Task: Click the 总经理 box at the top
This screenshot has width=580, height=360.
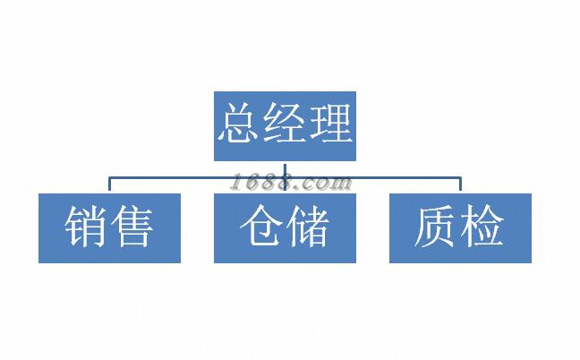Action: tap(285, 125)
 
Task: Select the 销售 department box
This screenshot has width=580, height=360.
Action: tap(109, 228)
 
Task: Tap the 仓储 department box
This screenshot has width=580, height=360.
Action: tap(285, 228)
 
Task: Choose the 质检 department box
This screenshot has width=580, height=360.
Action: tap(460, 228)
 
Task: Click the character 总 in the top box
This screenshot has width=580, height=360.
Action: tap(240, 124)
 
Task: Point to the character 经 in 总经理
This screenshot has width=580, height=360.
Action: tap(285, 124)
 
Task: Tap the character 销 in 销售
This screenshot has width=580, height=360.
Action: tap(87, 228)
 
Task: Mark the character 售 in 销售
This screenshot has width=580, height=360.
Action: tap(132, 228)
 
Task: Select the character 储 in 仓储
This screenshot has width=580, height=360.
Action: tap(307, 228)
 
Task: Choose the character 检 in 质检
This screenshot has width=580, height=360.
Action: tap(482, 228)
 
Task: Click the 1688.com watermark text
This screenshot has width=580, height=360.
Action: tap(289, 183)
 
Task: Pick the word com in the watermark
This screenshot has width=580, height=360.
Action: tap(328, 184)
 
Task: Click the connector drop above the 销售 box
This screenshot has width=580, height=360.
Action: tap(109, 184)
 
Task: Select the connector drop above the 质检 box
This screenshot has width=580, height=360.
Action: tap(460, 184)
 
